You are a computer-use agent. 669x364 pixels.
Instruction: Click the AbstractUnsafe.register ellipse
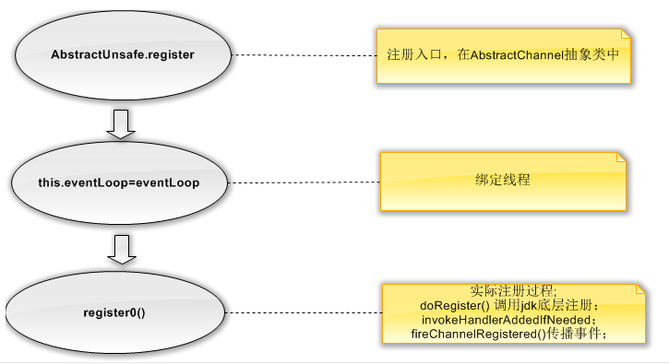(x=122, y=55)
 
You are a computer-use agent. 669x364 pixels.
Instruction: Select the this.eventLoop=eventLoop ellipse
(x=119, y=182)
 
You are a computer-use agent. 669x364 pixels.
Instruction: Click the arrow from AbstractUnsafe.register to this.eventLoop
(x=122, y=122)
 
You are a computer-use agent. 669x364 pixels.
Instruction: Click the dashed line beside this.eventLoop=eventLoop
(x=305, y=182)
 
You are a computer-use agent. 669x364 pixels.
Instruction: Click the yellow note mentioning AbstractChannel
(x=503, y=56)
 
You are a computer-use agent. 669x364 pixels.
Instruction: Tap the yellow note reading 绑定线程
(x=503, y=181)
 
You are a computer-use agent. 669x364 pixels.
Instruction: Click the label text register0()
(x=114, y=311)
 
